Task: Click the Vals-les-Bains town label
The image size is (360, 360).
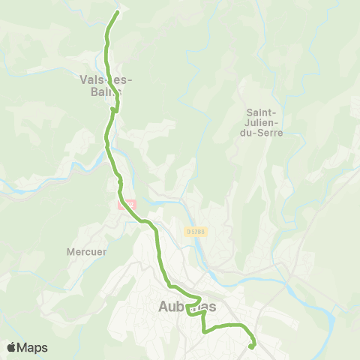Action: click(x=100, y=84)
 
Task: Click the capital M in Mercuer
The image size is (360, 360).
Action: click(x=71, y=252)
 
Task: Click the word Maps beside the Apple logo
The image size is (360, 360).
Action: click(x=34, y=347)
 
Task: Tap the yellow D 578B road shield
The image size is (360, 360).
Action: click(x=196, y=230)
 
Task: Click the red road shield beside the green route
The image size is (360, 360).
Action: click(x=127, y=204)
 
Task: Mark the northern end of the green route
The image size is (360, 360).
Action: click(x=117, y=13)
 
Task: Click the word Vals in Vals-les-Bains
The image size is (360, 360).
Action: click(x=91, y=78)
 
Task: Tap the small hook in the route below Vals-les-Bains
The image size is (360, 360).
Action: click(x=114, y=110)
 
